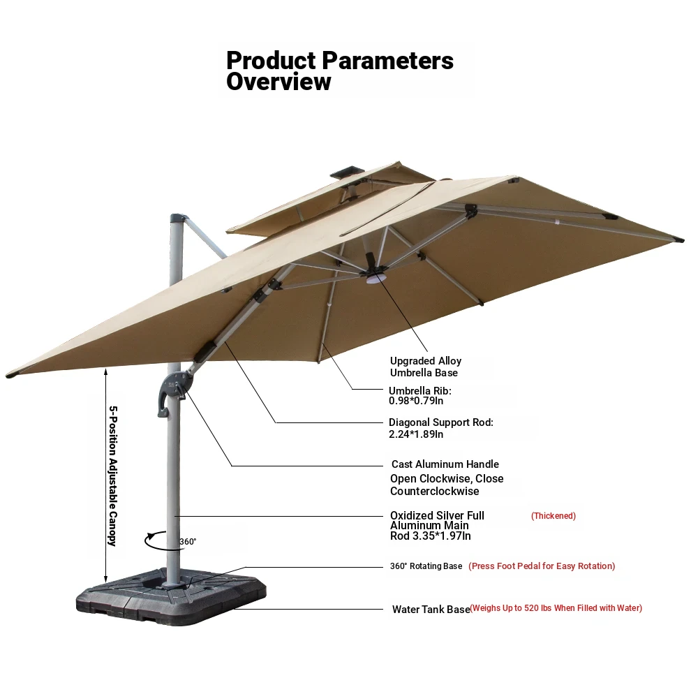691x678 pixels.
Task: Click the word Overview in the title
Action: (278, 82)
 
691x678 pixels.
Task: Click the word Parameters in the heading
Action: (388, 60)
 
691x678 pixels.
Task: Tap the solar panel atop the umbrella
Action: (348, 172)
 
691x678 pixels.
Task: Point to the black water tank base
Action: (171, 596)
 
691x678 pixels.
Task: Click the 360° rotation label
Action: (188, 541)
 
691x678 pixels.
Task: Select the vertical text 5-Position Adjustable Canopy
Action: (113, 476)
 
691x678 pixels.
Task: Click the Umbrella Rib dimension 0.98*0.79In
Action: (416, 401)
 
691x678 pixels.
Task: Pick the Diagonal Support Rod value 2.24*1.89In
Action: (416, 434)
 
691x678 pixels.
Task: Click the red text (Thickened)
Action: (553, 516)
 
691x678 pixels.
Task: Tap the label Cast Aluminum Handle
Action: (445, 464)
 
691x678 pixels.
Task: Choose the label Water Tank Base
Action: (431, 610)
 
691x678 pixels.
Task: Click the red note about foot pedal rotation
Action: (542, 566)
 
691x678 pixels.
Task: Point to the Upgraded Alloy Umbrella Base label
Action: (426, 367)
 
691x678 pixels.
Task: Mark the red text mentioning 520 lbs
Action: (556, 608)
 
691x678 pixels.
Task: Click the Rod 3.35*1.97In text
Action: (431, 536)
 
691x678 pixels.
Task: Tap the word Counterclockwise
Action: (435, 491)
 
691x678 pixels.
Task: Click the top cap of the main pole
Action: (177, 219)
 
